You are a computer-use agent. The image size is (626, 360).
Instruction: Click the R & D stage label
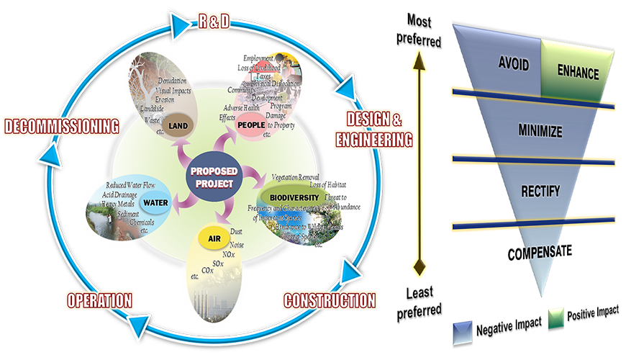(x=214, y=22)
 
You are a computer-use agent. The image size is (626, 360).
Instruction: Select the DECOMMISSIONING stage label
(x=61, y=126)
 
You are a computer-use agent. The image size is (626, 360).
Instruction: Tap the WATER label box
(x=155, y=202)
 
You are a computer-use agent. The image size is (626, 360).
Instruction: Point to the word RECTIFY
(x=539, y=192)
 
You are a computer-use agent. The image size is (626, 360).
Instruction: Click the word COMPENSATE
(x=539, y=252)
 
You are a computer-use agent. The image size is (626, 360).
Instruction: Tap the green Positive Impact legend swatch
(x=555, y=317)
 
